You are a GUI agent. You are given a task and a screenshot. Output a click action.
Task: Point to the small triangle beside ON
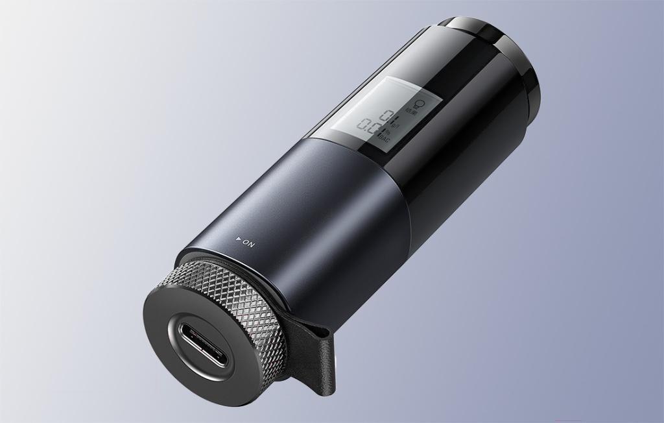239,240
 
